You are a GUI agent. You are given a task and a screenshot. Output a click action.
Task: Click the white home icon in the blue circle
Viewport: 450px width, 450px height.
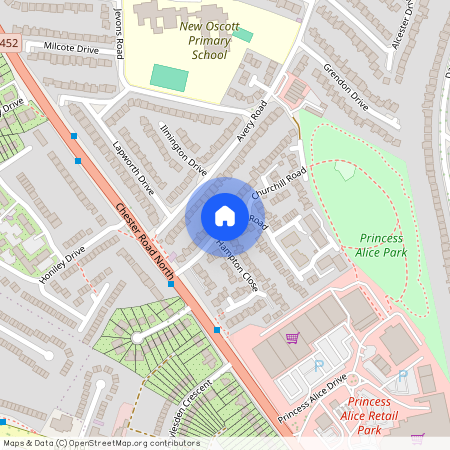[x=225, y=216]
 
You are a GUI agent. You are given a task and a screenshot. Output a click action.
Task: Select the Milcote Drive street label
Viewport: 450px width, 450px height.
[x=72, y=47]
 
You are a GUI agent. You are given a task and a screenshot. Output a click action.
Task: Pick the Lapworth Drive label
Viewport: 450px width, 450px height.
[x=133, y=166]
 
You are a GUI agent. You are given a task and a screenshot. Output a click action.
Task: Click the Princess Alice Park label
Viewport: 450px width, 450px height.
[x=380, y=246]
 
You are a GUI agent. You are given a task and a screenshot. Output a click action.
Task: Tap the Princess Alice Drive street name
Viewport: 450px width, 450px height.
[x=312, y=398]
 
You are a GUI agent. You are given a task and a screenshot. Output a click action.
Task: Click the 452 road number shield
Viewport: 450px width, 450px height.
[x=9, y=44]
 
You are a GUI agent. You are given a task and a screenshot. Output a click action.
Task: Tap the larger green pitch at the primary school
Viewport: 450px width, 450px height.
[x=169, y=77]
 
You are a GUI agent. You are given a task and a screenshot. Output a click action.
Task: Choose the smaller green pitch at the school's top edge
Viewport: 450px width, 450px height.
[x=243, y=35]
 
